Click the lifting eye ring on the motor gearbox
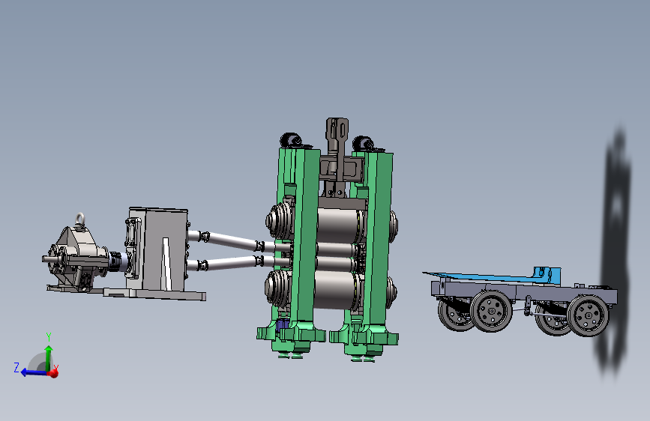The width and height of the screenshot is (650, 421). click(x=79, y=219)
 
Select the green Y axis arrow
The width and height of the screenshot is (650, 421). click(x=49, y=357)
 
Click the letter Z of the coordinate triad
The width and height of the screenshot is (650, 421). click(x=16, y=367)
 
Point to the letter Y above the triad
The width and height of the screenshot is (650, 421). click(x=49, y=336)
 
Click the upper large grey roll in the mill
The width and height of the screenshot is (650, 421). click(x=337, y=225)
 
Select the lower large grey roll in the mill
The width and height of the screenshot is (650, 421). click(x=335, y=290)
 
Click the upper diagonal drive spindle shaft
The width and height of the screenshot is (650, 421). click(x=231, y=240)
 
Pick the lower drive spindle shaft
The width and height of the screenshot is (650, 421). click(x=230, y=263)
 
